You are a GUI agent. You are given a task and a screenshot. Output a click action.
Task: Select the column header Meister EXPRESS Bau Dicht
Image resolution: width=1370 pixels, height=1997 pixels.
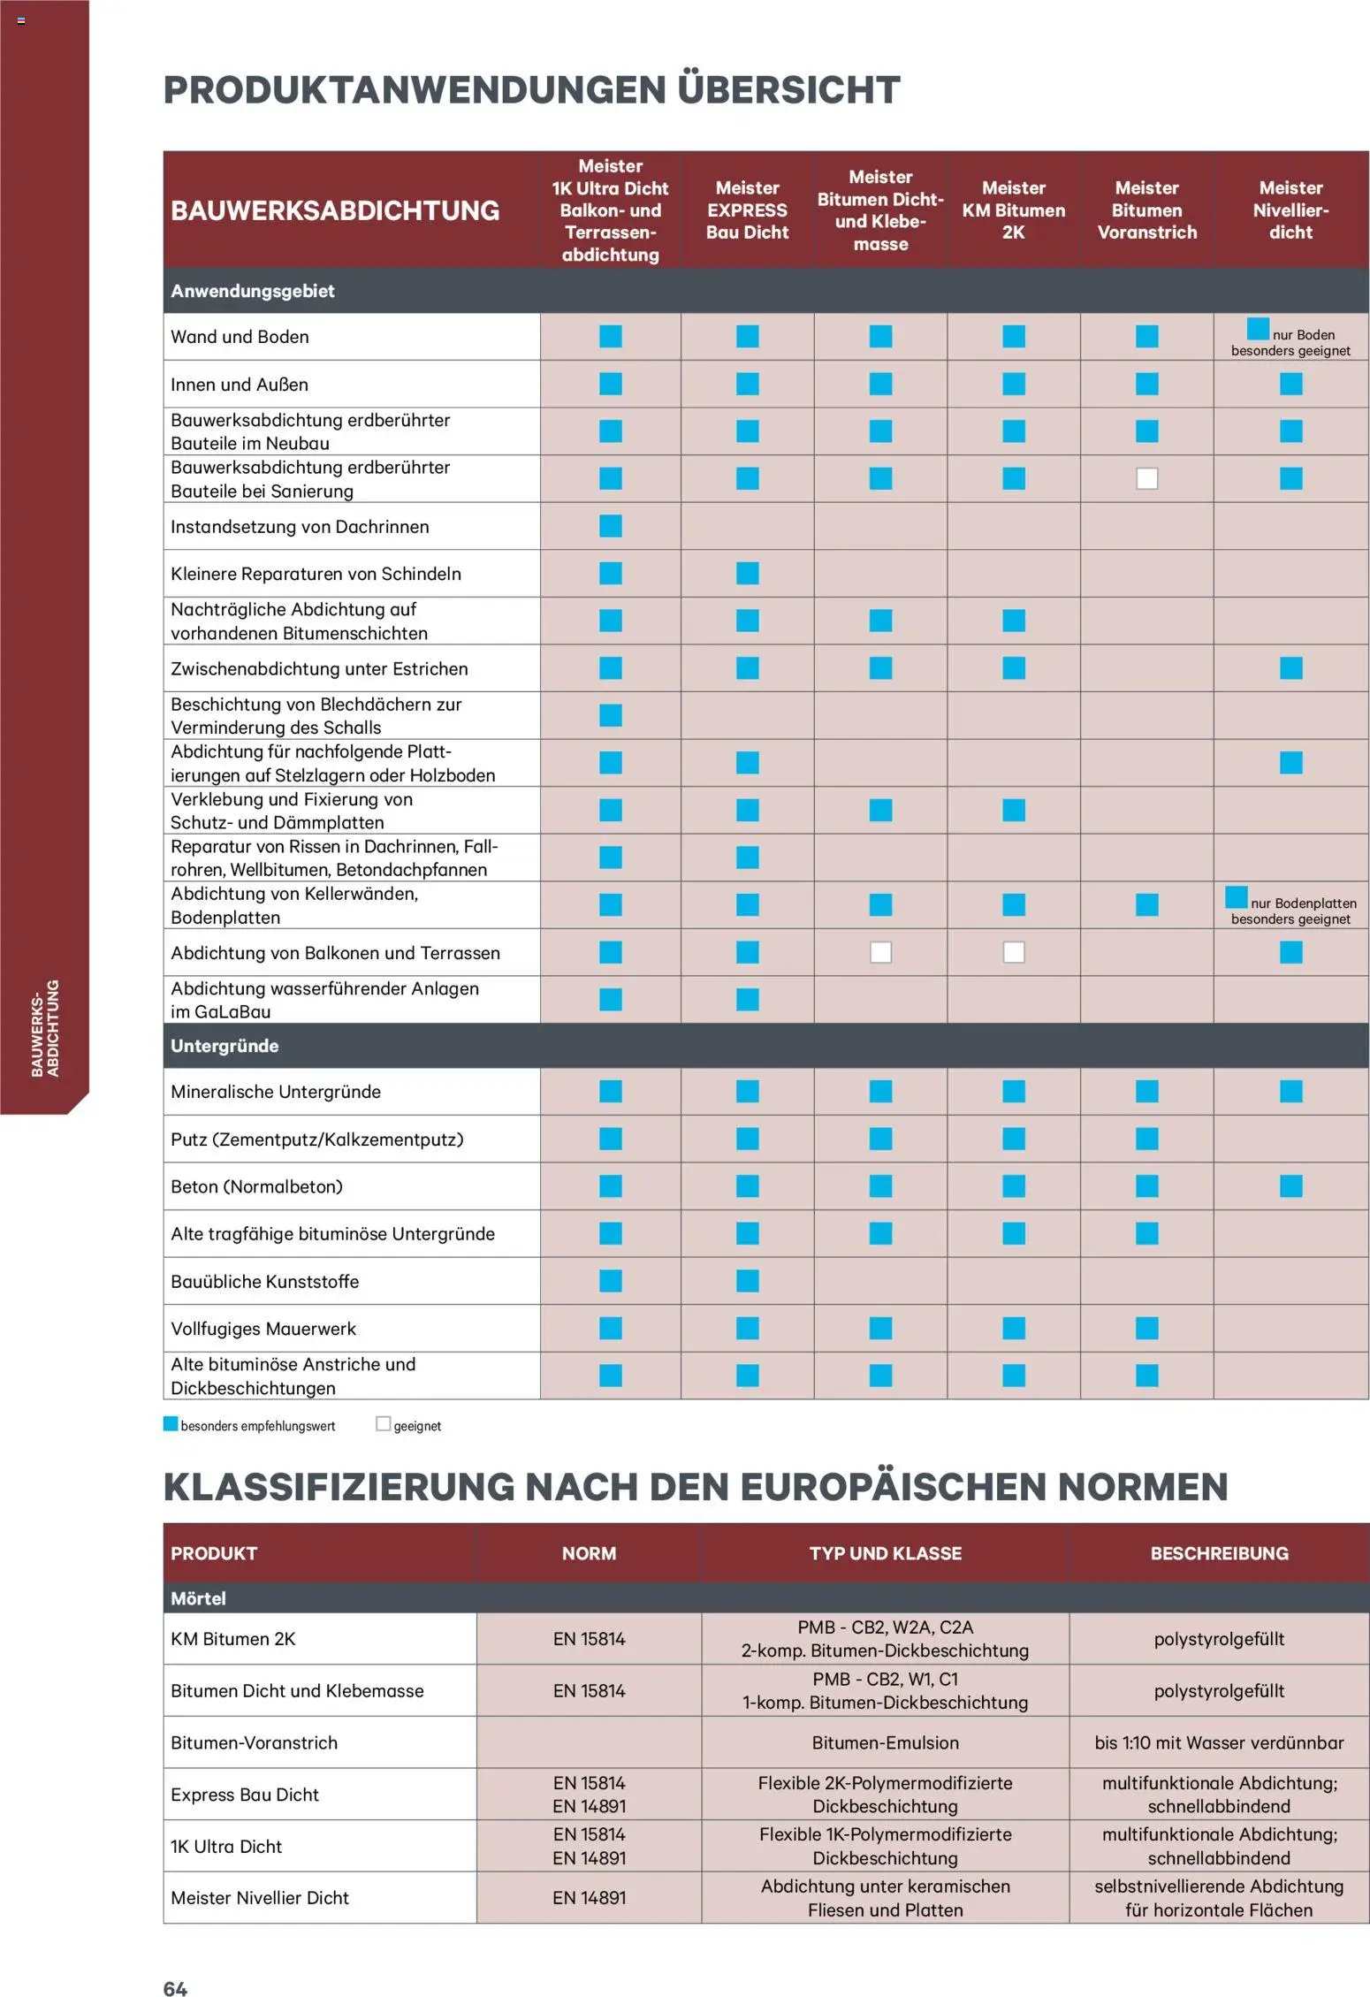(x=747, y=210)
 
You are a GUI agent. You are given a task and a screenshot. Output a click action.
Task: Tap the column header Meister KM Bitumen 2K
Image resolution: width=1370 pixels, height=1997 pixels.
(x=1013, y=210)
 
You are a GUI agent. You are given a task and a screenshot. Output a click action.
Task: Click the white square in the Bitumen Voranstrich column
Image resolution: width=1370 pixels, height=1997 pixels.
(x=1146, y=479)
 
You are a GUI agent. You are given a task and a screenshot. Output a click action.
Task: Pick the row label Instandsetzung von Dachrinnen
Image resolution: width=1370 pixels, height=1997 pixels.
(x=300, y=527)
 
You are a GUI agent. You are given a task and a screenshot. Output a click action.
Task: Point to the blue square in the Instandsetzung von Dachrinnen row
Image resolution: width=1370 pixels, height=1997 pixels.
(x=611, y=526)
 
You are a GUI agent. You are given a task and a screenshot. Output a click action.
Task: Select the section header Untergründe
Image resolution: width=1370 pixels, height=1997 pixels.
(x=225, y=1046)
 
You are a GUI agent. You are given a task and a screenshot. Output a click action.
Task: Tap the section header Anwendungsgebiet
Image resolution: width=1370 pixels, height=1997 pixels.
(x=253, y=291)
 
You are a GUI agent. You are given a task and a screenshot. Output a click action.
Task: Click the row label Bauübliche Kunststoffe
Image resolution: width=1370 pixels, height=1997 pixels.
(x=265, y=1281)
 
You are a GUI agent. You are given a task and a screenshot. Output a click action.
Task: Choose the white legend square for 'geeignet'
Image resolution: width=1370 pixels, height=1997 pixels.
(x=383, y=1424)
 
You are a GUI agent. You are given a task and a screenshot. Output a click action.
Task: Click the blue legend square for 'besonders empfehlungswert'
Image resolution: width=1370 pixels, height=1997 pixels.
(x=171, y=1424)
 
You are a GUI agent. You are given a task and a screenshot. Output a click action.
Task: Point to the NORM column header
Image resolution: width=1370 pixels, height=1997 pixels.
(x=589, y=1553)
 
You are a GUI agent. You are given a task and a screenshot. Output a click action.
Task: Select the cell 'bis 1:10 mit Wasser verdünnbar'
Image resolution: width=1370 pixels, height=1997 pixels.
(x=1218, y=1742)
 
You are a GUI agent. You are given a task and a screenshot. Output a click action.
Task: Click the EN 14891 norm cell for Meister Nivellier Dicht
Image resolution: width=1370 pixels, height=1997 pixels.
(x=589, y=1897)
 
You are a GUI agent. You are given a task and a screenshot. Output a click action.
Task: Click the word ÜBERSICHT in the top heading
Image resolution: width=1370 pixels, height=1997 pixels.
(x=788, y=90)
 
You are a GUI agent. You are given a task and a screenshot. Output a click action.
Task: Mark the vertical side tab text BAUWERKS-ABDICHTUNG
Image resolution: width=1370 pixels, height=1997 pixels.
(x=45, y=1028)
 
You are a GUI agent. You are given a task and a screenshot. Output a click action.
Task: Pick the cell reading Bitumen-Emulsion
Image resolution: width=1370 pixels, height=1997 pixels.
(x=885, y=1742)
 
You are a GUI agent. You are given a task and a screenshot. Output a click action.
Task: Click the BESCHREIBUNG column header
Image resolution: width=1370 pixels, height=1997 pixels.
(x=1218, y=1553)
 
